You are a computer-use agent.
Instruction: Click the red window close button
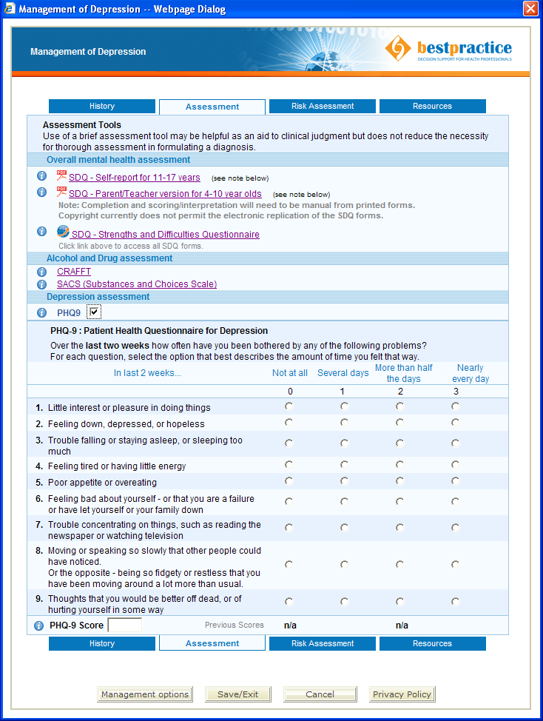point(530,9)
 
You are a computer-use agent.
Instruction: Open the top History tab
point(102,107)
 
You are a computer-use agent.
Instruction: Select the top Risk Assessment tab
point(323,107)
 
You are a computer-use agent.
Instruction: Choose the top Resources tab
point(432,107)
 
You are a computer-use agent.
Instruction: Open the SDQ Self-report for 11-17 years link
point(134,178)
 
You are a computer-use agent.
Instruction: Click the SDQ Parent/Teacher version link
point(165,194)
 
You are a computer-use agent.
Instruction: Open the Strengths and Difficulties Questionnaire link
point(165,235)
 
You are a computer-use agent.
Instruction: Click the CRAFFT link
point(74,272)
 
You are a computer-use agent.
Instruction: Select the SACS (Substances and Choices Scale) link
point(137,284)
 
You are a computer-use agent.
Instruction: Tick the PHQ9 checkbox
point(93,312)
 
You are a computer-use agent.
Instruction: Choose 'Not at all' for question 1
point(289,406)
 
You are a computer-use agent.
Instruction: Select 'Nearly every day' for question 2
point(455,423)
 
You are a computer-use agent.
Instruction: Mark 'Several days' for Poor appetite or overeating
point(344,481)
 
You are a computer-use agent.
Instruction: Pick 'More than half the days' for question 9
point(399,602)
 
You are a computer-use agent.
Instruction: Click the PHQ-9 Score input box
point(124,626)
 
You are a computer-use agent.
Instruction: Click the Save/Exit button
point(237,694)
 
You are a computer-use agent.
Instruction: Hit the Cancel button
point(320,694)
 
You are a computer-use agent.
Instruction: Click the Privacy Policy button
point(402,694)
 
